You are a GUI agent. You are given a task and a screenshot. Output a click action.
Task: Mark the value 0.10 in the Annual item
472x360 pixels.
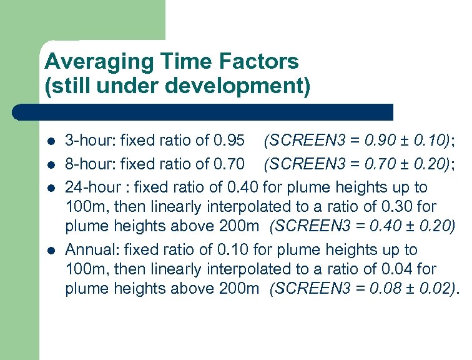234,250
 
